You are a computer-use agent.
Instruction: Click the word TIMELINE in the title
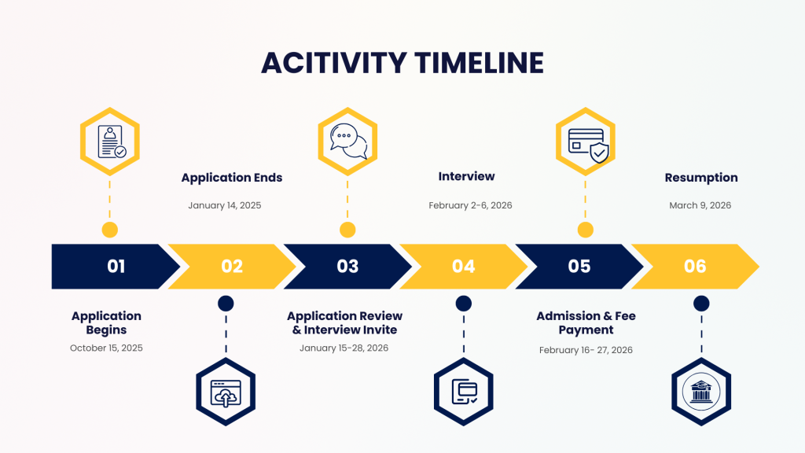pyautogui.click(x=479, y=63)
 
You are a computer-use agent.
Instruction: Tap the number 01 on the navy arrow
pyautogui.click(x=116, y=266)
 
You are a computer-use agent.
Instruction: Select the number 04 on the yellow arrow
pyautogui.click(x=464, y=266)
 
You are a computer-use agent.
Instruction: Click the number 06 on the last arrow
pyautogui.click(x=695, y=266)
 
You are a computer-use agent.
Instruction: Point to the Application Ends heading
pyautogui.click(x=232, y=178)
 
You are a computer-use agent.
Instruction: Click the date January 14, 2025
pyautogui.click(x=225, y=205)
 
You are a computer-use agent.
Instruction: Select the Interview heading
pyautogui.click(x=467, y=176)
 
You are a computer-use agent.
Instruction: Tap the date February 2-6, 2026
pyautogui.click(x=470, y=205)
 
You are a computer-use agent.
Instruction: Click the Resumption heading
pyautogui.click(x=701, y=178)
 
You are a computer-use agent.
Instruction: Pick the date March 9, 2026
pyautogui.click(x=700, y=205)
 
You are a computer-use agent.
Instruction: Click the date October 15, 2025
pyautogui.click(x=106, y=348)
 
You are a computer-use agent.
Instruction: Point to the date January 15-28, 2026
pyautogui.click(x=344, y=348)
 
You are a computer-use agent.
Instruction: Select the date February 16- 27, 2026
pyautogui.click(x=586, y=350)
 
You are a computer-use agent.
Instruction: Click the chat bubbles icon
pyautogui.click(x=348, y=142)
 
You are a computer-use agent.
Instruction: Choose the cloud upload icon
pyautogui.click(x=226, y=393)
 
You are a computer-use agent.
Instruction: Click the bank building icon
pyautogui.click(x=701, y=392)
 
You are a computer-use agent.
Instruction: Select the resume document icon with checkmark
pyautogui.click(x=112, y=142)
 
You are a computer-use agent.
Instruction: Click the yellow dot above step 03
pyautogui.click(x=347, y=230)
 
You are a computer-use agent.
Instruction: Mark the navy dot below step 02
pyautogui.click(x=226, y=304)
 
